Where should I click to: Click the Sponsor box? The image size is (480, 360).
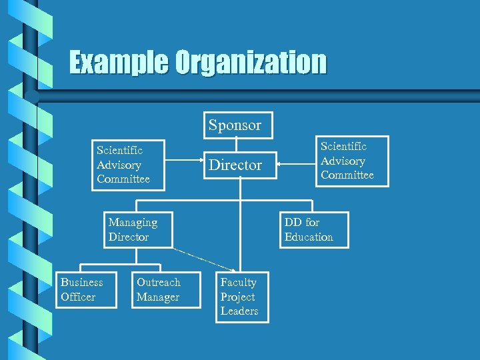point(235,125)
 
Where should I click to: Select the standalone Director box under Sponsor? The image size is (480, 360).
point(235,165)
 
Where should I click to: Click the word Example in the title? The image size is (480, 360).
point(119,63)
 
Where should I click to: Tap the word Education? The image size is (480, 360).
point(309,237)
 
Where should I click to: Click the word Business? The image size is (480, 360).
point(81,282)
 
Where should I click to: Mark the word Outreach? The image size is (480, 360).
point(158,282)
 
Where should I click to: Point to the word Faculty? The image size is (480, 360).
point(238,282)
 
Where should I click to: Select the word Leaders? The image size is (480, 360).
point(239,311)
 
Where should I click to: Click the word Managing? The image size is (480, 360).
point(133,222)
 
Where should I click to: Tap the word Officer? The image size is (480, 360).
point(78,297)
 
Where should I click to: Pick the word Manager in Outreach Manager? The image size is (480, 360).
point(158,297)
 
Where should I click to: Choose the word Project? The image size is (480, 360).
point(237,297)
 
